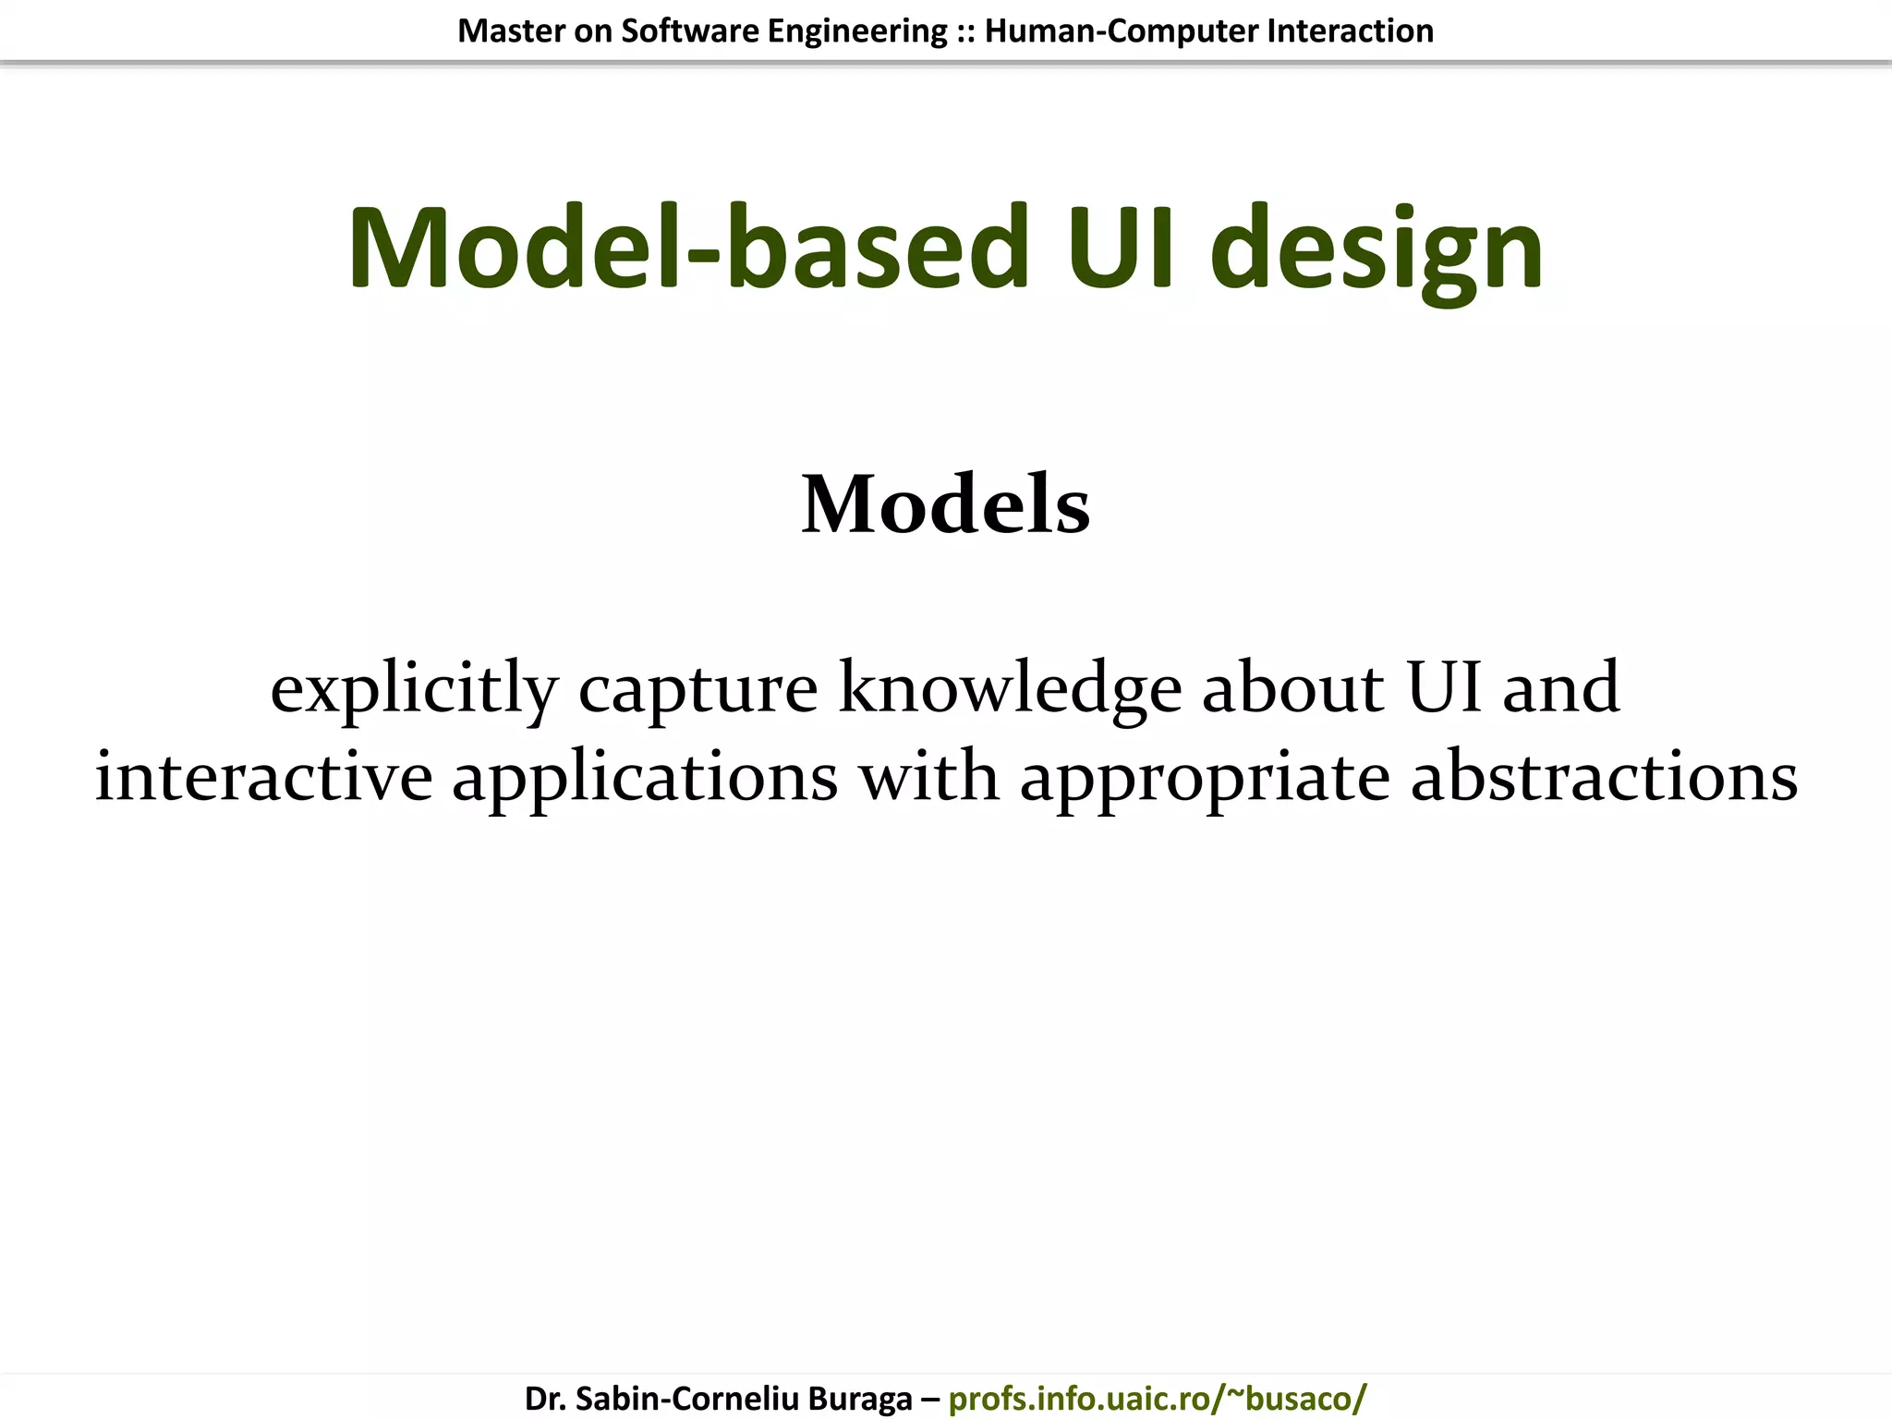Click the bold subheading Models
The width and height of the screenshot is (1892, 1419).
pos(945,504)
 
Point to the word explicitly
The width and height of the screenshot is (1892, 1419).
pos(414,689)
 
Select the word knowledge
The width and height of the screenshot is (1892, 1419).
pos(1010,689)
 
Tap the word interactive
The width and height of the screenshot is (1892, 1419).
pos(263,776)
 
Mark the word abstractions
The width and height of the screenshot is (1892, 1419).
pos(1604,776)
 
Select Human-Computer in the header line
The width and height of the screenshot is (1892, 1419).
pos(1122,31)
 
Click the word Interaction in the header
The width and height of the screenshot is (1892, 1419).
pos(1350,31)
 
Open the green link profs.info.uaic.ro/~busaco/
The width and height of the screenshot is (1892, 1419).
pos(1157,1399)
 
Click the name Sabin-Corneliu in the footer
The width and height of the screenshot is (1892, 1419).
pos(687,1399)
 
